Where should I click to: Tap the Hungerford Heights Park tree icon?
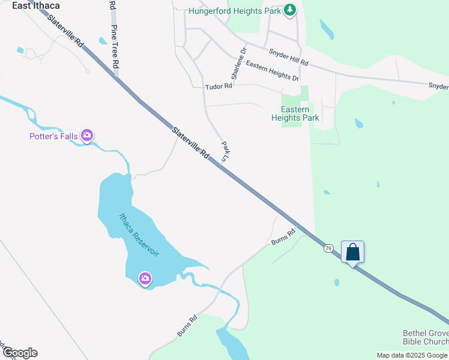[x=290, y=10]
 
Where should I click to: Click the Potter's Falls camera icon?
[x=87, y=136]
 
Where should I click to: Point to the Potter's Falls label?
[x=53, y=136]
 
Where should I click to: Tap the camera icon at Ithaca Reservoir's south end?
[x=145, y=278]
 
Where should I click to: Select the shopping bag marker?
[x=353, y=252]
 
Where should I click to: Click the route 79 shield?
[x=328, y=248]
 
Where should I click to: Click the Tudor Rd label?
[x=218, y=86]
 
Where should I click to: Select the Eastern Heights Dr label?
[x=272, y=71]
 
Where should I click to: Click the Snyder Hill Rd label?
[x=288, y=58]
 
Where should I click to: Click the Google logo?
[x=20, y=353]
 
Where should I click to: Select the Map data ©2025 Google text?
[x=412, y=355]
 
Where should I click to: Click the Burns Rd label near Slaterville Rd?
[x=283, y=236]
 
